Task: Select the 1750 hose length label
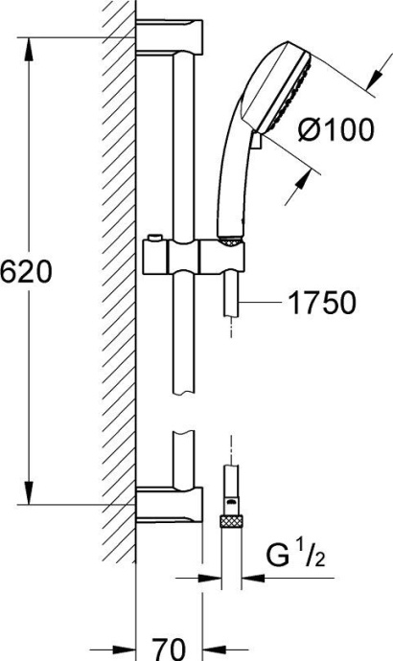[x=321, y=304]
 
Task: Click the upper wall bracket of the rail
[x=170, y=38]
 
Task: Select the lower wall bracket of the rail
[x=170, y=503]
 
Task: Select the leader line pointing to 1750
[x=259, y=304]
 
